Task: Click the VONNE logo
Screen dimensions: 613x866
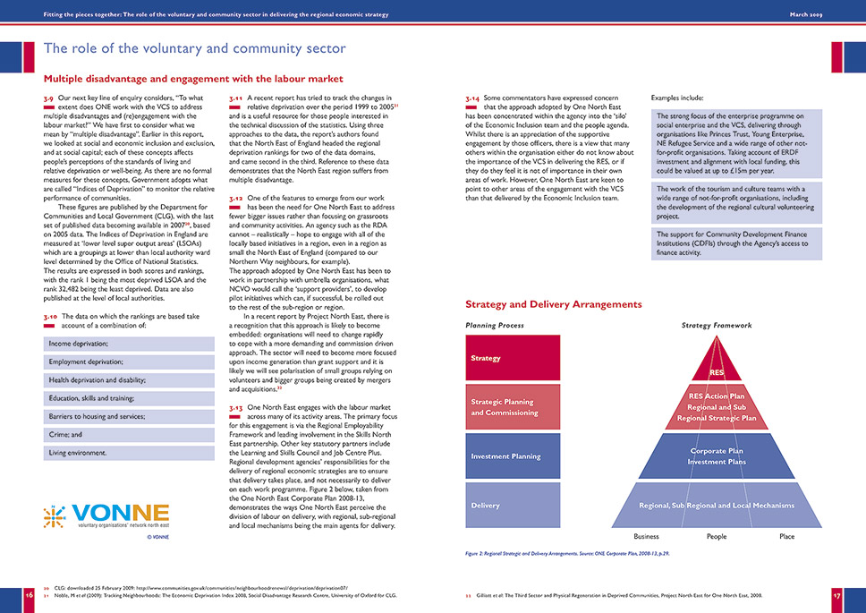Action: (x=106, y=516)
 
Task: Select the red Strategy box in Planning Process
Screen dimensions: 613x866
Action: (x=514, y=358)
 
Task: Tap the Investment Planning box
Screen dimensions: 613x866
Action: (x=514, y=456)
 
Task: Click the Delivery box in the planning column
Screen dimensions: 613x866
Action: (x=514, y=506)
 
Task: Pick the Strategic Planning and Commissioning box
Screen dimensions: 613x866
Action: (x=514, y=407)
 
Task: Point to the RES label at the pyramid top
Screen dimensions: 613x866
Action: (x=717, y=371)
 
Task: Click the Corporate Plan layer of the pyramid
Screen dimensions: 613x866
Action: (x=717, y=456)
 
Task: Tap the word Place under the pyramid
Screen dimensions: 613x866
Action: (x=786, y=537)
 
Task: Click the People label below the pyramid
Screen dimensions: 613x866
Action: (x=717, y=537)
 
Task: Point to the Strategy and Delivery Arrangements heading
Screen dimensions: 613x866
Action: (x=553, y=304)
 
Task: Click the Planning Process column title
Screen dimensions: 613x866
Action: (x=495, y=326)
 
